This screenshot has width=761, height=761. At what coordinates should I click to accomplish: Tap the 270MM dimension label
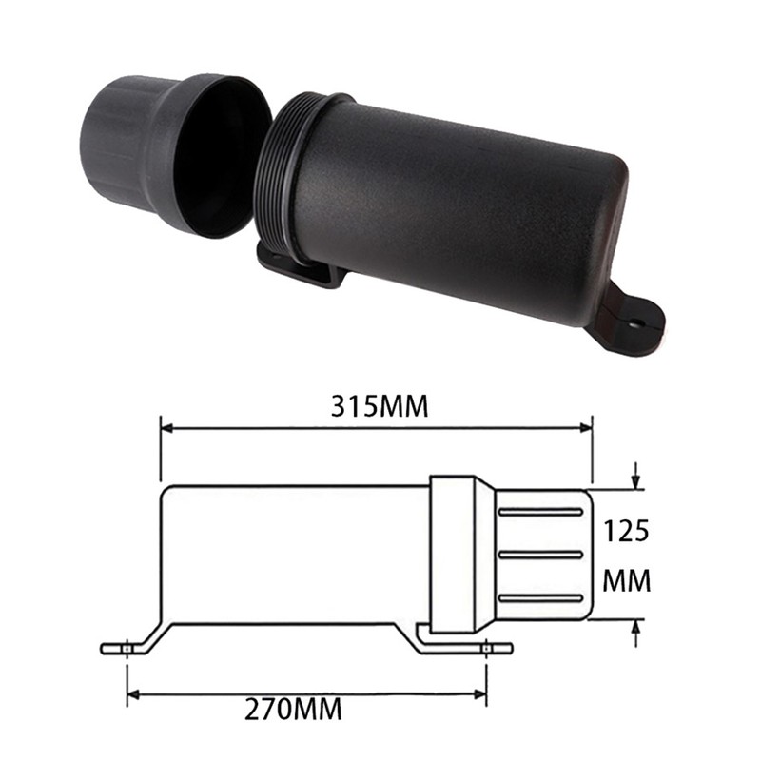(293, 708)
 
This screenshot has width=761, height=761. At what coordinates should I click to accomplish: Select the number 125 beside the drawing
(627, 530)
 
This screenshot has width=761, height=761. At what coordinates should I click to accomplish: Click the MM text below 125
(628, 580)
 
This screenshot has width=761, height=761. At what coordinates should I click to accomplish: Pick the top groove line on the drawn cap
(540, 512)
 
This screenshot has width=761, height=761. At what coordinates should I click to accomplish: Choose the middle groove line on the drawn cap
(540, 555)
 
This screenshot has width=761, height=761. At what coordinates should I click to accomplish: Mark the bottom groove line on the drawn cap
(540, 597)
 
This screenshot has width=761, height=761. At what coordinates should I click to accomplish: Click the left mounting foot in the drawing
(127, 648)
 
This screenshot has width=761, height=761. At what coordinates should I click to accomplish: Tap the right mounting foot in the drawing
(487, 648)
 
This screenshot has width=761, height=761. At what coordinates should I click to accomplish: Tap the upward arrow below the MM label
(635, 629)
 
